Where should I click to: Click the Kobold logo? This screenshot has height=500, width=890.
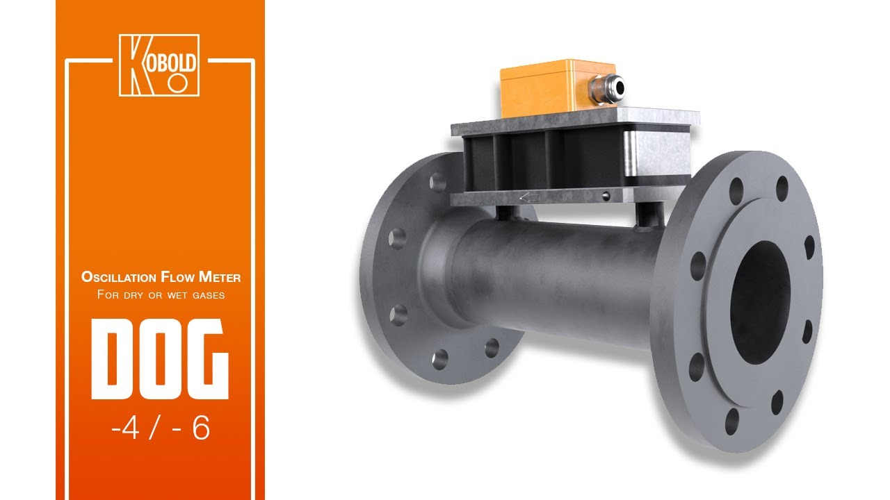(159, 65)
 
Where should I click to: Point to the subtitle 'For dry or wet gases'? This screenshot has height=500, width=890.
(161, 294)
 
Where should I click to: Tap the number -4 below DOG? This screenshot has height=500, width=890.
(126, 428)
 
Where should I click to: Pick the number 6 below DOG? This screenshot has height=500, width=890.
(201, 428)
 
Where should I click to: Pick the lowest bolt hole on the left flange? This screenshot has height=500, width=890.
(439, 360)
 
